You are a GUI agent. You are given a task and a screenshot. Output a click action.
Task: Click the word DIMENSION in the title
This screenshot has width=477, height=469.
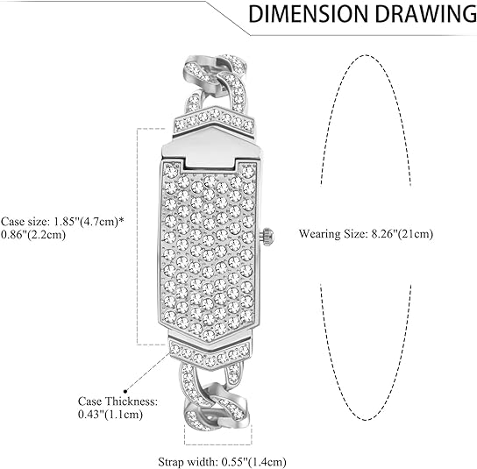[x=308, y=14]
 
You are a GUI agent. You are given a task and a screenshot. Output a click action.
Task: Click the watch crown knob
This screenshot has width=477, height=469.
[x=267, y=236]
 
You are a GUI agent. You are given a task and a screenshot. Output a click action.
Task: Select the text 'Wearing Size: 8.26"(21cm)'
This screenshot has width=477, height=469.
[x=366, y=234]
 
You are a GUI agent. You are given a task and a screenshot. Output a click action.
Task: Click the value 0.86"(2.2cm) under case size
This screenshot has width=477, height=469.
[x=33, y=235]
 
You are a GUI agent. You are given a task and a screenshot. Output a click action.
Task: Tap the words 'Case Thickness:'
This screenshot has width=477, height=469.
[x=118, y=401]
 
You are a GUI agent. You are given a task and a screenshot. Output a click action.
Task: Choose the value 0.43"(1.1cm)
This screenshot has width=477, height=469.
[x=110, y=415]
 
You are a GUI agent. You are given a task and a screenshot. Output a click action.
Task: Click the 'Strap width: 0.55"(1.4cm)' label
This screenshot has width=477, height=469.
[x=222, y=462]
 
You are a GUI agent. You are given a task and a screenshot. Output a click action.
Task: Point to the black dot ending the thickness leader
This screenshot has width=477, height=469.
[x=125, y=391]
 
